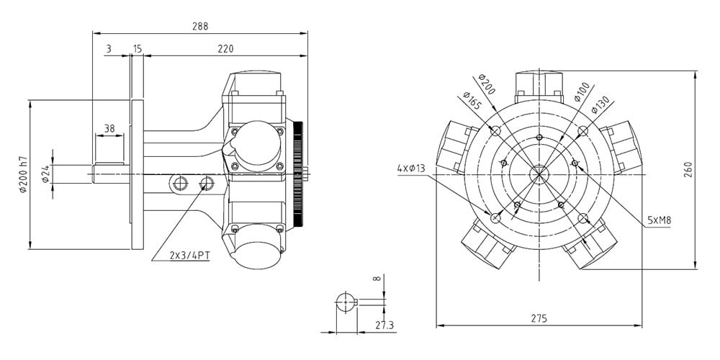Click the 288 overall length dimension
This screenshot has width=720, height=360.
200,26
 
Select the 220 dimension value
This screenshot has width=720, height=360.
225,49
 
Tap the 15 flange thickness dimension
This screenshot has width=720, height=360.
138,49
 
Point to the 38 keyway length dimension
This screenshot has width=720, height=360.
109,129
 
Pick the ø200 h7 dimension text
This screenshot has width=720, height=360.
24,174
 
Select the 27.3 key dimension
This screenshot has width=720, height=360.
384,325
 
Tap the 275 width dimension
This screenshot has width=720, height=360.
539,318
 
